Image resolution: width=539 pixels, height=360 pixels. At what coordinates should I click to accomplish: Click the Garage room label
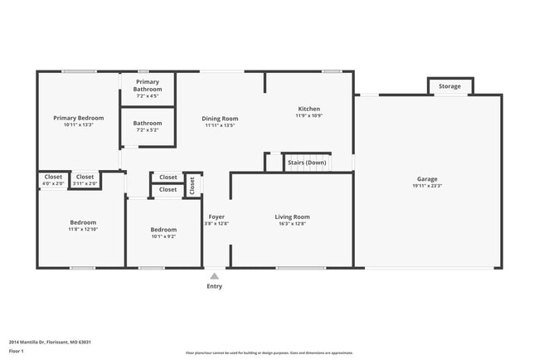tap(427, 179)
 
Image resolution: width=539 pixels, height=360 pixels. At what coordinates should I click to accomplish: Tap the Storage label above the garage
tap(449, 86)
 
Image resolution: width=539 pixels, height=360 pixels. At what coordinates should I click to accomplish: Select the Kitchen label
tap(308, 109)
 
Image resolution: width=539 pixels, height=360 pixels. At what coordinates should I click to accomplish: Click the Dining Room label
tap(221, 119)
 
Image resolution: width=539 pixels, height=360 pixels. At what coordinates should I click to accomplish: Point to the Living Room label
tap(292, 216)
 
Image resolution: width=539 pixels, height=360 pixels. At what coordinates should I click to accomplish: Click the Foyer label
tap(216, 216)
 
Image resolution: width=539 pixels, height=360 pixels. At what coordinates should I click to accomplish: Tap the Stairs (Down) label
tap(307, 163)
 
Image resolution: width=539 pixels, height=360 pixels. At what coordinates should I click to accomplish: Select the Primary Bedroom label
tap(79, 118)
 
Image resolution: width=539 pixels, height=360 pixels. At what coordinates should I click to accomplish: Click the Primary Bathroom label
tap(148, 85)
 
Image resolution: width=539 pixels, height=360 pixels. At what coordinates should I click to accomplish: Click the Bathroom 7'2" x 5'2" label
tap(148, 124)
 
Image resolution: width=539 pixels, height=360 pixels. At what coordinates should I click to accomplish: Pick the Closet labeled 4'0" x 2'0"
tap(53, 177)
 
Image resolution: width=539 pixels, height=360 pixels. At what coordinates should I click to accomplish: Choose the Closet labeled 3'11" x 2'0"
tap(85, 177)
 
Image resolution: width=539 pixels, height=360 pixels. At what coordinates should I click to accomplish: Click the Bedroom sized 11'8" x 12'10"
tap(83, 222)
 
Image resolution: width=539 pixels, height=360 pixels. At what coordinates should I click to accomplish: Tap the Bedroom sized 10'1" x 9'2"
tap(163, 230)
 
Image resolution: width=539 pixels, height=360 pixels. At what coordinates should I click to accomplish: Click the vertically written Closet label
tap(192, 185)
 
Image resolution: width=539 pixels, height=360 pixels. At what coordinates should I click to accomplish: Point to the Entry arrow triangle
tap(214, 276)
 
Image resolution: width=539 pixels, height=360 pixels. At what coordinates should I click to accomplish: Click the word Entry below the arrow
tap(214, 286)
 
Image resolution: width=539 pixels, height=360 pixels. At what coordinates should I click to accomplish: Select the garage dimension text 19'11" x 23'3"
tap(427, 186)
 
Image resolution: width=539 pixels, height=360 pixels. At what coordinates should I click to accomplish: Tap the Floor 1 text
tap(17, 351)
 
